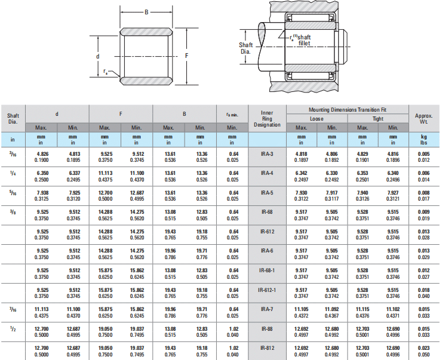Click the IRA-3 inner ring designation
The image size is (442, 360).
pyautogui.click(x=267, y=154)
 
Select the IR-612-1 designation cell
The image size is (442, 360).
pyautogui.click(x=267, y=290)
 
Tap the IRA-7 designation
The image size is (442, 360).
pyautogui.click(x=267, y=309)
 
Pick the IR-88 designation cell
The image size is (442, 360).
pyautogui.click(x=267, y=329)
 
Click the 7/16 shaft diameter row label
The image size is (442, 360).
pyautogui.click(x=13, y=310)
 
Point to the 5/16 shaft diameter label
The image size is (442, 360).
pyautogui.click(x=13, y=193)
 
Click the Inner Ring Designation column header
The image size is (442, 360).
pyautogui.click(x=267, y=119)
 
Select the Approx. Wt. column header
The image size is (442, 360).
pyautogui.click(x=423, y=119)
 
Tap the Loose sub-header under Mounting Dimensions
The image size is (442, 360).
pyautogui.click(x=317, y=119)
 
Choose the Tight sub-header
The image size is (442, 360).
pyautogui.click(x=377, y=119)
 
